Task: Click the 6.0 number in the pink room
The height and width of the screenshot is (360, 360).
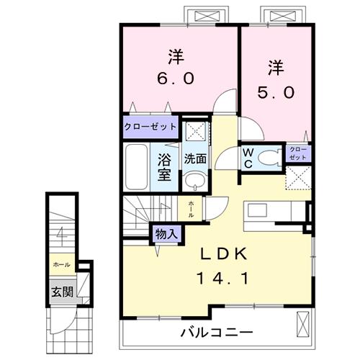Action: (175, 78)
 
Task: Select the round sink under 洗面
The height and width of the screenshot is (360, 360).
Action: (192, 180)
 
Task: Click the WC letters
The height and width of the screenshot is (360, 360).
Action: (247, 158)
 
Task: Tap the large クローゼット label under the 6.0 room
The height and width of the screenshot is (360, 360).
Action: (150, 127)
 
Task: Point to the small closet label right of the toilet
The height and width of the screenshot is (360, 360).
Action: (298, 153)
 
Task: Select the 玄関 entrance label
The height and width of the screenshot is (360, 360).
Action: (60, 292)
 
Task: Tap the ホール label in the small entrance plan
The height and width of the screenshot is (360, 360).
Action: (60, 265)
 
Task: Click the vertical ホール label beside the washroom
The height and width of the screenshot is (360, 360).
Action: (191, 209)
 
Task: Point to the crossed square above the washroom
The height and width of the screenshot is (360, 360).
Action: (192, 132)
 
